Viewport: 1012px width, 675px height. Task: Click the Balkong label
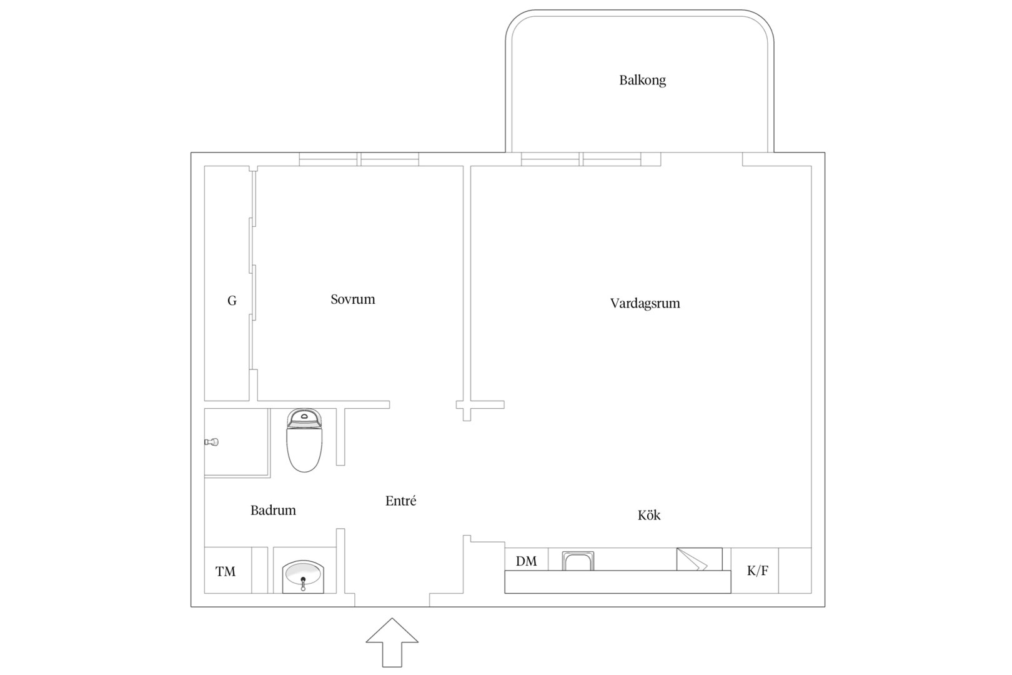pyautogui.click(x=642, y=80)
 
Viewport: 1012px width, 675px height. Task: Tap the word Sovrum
pyautogui.click(x=352, y=299)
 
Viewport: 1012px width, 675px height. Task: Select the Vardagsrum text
pyautogui.click(x=645, y=303)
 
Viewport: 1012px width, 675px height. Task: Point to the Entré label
pyautogui.click(x=400, y=501)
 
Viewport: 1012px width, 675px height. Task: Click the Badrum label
pyautogui.click(x=273, y=510)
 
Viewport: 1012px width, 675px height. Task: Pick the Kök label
pyautogui.click(x=649, y=515)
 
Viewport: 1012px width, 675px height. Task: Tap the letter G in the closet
pyautogui.click(x=232, y=301)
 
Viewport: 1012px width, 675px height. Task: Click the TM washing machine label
pyautogui.click(x=226, y=571)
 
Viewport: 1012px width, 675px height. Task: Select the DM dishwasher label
pyautogui.click(x=527, y=561)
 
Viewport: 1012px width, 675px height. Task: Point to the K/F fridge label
pyautogui.click(x=757, y=571)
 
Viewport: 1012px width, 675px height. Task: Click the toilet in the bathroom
pyautogui.click(x=304, y=440)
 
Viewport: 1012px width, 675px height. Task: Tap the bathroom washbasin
pyautogui.click(x=303, y=576)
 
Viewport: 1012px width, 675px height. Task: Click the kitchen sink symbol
pyautogui.click(x=578, y=561)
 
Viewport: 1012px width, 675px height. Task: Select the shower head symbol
pyautogui.click(x=211, y=442)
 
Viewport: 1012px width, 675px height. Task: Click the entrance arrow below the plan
pyautogui.click(x=392, y=642)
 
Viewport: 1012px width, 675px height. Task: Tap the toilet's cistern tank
pyautogui.click(x=304, y=417)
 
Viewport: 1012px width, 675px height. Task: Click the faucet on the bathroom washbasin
pyautogui.click(x=303, y=584)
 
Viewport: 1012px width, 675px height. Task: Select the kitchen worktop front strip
pyautogui.click(x=618, y=582)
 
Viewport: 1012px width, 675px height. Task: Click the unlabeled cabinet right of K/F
pyautogui.click(x=795, y=571)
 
